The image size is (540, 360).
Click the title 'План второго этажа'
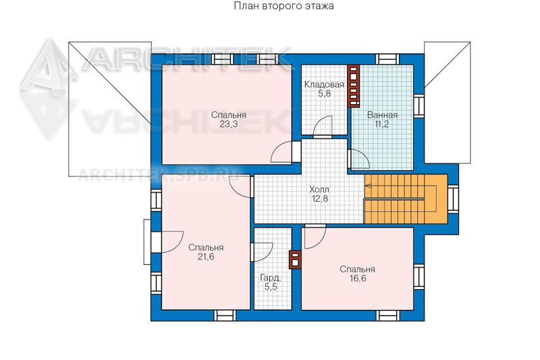click(283, 6)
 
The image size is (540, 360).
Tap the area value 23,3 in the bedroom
click(229, 124)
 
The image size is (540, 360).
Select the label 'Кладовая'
click(325, 84)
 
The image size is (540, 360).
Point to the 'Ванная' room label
click(382, 115)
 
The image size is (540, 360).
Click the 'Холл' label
click(319, 189)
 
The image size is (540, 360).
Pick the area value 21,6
click(206, 257)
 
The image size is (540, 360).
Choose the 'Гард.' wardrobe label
click(271, 278)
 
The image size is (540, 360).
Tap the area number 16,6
click(358, 278)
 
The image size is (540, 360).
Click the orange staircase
click(406, 199)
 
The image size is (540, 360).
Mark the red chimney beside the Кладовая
click(353, 86)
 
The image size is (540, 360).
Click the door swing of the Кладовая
click(323, 127)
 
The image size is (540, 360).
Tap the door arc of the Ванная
click(359, 159)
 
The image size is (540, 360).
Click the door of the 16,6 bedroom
click(315, 236)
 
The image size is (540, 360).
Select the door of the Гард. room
click(263, 253)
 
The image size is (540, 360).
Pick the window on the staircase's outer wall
click(453, 198)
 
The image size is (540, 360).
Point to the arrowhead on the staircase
click(367, 186)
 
